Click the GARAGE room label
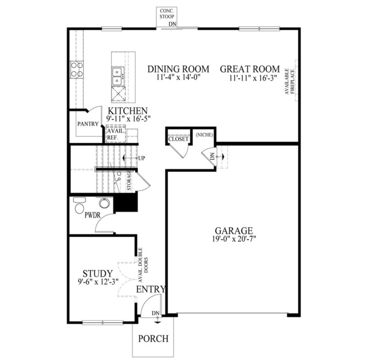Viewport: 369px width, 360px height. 234,230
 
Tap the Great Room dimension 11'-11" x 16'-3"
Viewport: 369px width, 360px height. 250,78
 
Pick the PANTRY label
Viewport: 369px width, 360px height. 88,124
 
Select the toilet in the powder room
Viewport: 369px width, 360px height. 78,206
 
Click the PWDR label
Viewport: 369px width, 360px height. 93,216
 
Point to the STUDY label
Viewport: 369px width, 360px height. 97,274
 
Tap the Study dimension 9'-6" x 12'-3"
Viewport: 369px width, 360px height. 97,283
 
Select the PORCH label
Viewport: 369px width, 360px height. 152,338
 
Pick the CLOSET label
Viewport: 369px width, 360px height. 178,140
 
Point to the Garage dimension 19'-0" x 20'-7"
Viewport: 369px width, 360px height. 234,239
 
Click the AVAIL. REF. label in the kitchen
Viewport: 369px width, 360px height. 114,135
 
